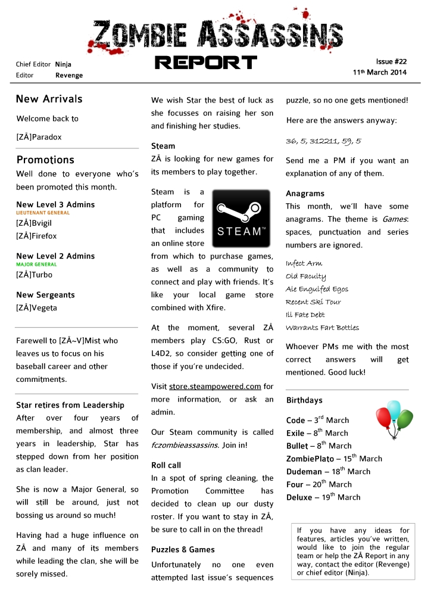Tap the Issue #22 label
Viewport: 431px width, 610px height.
coord(391,62)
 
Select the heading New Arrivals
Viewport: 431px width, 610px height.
coord(49,99)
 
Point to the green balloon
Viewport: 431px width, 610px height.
coord(405,419)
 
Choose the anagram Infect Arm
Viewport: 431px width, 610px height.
coord(304,263)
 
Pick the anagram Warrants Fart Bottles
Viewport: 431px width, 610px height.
coord(322,328)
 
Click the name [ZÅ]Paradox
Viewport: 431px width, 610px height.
coord(39,137)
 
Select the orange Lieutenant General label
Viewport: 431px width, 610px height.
coord(42,213)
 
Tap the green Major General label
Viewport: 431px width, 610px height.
coord(36,264)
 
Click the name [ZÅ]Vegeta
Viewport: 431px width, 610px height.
coord(36,308)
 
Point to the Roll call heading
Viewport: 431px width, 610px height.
coord(166,465)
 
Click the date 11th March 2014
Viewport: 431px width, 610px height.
coord(380,73)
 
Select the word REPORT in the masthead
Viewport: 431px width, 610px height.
coord(205,63)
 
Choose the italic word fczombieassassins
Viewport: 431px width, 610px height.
coord(185,445)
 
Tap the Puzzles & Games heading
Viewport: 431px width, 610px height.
coord(183,549)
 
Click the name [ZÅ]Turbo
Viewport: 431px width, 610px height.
coord(34,275)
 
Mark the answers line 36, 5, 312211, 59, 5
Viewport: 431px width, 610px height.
coord(323,141)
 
